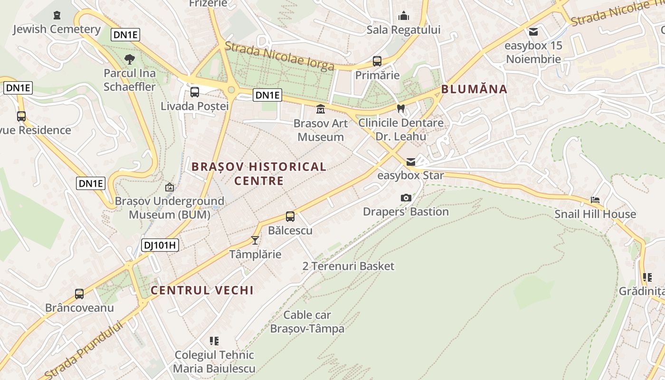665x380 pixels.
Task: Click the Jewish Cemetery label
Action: coord(57,29)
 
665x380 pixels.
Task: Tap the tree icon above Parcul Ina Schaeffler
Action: coord(129,59)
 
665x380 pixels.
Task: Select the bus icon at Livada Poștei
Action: coord(195,92)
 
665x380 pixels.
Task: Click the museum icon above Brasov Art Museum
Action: coord(321,109)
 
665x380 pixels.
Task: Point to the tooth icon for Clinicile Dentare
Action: coord(400,108)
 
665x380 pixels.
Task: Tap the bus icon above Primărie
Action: coord(377,61)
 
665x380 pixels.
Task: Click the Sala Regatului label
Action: coord(404,30)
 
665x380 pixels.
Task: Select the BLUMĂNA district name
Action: coord(474,89)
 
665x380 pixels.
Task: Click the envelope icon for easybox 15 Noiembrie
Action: coord(533,32)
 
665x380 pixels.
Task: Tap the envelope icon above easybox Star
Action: coord(410,162)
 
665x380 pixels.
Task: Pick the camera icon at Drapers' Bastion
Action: coord(406,198)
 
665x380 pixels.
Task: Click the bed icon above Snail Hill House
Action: coord(595,200)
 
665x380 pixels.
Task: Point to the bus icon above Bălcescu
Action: coord(290,217)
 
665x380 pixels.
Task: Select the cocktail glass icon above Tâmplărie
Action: coord(255,240)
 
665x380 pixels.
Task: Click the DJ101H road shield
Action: coord(160,245)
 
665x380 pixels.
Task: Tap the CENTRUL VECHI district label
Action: coord(202,290)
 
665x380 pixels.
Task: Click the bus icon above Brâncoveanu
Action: coord(79,294)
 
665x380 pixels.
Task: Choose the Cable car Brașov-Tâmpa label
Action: coord(307,322)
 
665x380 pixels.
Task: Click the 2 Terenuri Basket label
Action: coord(348,266)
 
